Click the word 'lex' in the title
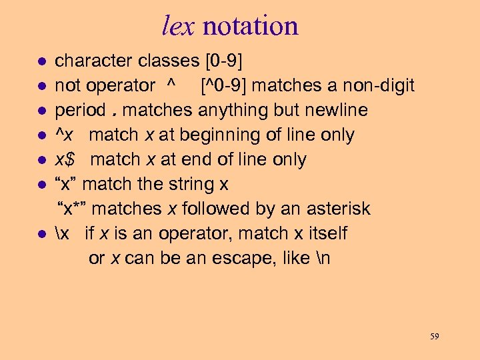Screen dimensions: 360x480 [x=179, y=26]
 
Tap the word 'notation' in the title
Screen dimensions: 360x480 [x=250, y=26]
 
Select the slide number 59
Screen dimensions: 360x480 [x=434, y=337]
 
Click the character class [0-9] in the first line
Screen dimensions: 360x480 [x=221, y=61]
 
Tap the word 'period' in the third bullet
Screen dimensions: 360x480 [x=80, y=111]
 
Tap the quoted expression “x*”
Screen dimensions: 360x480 [x=73, y=209]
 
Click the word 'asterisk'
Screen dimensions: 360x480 [x=339, y=209]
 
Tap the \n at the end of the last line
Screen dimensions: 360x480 [x=323, y=259]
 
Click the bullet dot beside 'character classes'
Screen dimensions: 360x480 [x=41, y=62]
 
